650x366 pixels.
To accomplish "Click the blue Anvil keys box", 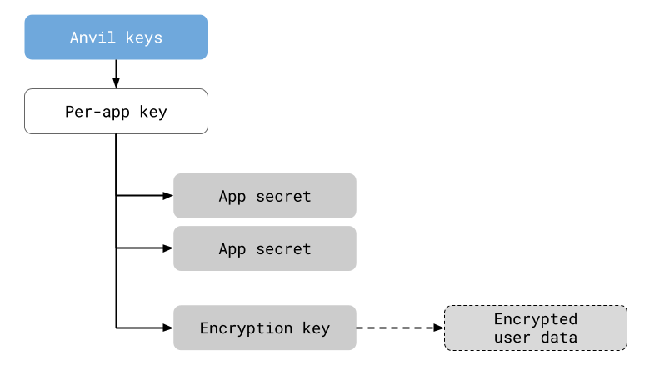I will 115,37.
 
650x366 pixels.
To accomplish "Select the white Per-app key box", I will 115,111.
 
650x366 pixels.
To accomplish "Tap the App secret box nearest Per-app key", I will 264,196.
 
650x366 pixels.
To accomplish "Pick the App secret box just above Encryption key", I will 264,248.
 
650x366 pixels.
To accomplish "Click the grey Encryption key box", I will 264,328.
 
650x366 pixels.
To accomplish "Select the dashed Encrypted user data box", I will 535,328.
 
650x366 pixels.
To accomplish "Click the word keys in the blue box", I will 143,38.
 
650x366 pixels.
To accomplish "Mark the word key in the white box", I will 153,112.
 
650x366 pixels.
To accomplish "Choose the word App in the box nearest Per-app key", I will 232,197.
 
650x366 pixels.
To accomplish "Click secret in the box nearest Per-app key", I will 283,197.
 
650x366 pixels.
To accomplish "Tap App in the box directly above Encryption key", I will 232,249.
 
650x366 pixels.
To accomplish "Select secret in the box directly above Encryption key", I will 283,249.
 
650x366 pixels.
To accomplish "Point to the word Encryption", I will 246,328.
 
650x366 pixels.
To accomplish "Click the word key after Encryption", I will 316,328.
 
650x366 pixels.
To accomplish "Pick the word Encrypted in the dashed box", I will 535,318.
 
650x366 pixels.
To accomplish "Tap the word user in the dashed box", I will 512,338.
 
